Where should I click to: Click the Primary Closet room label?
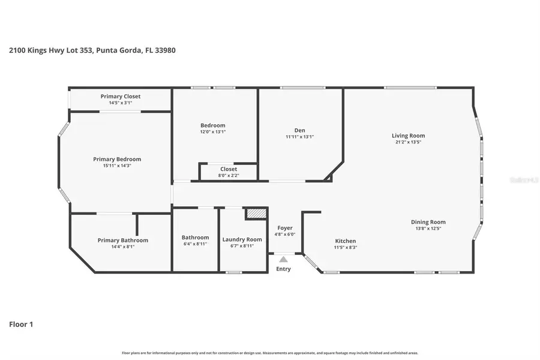coord(121,96)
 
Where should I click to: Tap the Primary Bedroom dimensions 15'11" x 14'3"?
coord(117,166)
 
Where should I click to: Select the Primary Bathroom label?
coord(122,240)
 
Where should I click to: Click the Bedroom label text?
coord(212,125)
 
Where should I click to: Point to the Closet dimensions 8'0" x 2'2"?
coord(229,175)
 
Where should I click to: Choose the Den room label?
coord(299,130)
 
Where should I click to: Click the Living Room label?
coord(408,136)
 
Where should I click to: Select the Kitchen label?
coord(345,241)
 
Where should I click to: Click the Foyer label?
coord(285,228)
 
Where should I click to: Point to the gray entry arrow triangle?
coord(283,259)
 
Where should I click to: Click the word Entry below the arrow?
coord(283,269)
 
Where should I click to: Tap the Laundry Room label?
coord(242,239)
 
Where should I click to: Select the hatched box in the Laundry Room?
coord(255,214)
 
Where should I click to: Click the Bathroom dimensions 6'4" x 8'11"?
coord(196,244)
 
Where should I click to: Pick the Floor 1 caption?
coord(21,325)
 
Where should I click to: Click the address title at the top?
coord(92,50)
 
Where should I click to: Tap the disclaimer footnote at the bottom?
coord(270,353)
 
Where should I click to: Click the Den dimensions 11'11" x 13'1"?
coord(299,137)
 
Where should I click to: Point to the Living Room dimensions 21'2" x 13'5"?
coord(408,143)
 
